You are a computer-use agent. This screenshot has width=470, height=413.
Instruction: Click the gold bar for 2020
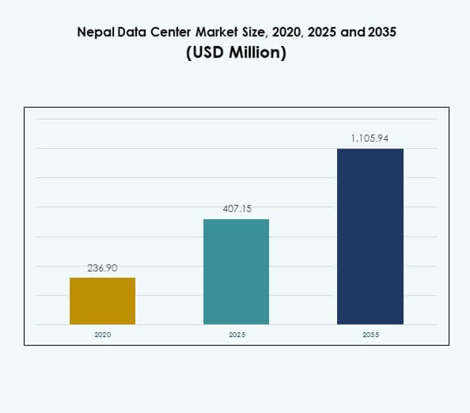103,301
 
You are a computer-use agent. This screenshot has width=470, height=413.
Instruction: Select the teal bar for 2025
236,272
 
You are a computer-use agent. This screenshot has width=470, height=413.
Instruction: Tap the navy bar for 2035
370,236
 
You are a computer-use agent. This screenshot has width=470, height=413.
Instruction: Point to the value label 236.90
103,268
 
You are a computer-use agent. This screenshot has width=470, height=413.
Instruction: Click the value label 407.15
236,209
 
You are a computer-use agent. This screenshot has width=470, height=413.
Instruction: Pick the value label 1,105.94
370,138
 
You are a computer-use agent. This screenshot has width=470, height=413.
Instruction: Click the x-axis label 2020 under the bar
103,334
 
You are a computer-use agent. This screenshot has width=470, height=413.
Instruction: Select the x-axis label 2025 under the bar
236,334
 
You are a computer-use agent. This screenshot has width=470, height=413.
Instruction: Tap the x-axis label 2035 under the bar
370,334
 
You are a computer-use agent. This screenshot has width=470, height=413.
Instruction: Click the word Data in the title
126,31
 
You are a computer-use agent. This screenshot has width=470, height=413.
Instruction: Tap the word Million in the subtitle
253,53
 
